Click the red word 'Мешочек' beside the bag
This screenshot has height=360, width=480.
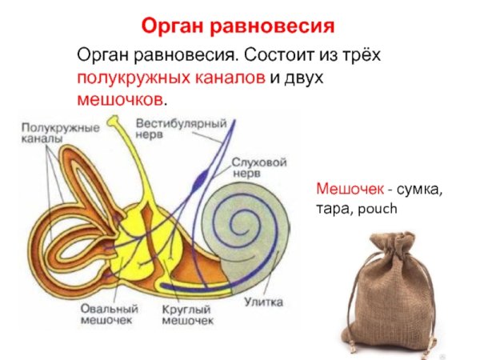349,190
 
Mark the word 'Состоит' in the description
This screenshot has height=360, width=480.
273,57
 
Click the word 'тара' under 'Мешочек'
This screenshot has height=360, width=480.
333,209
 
